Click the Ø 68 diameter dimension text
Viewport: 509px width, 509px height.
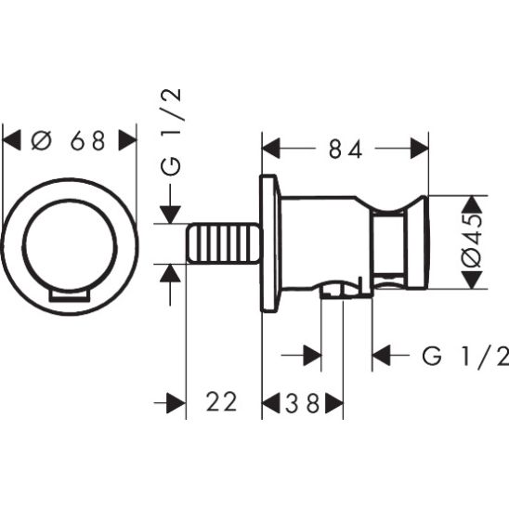[69, 140]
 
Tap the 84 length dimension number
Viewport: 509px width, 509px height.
[346, 149]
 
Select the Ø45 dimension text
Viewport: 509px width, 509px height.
[473, 241]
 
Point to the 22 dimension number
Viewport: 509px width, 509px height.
[222, 402]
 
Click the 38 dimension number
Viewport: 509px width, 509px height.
[303, 403]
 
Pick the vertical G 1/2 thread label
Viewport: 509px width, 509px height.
[171, 133]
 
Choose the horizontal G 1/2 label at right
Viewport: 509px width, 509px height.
[465, 356]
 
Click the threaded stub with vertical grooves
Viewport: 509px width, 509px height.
[223, 243]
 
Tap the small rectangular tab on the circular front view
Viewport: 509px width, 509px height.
[69, 295]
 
